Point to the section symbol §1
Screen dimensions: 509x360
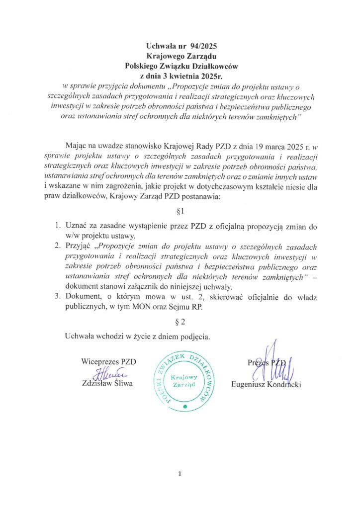pos(180,211)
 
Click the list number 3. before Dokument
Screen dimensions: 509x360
pos(58,297)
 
